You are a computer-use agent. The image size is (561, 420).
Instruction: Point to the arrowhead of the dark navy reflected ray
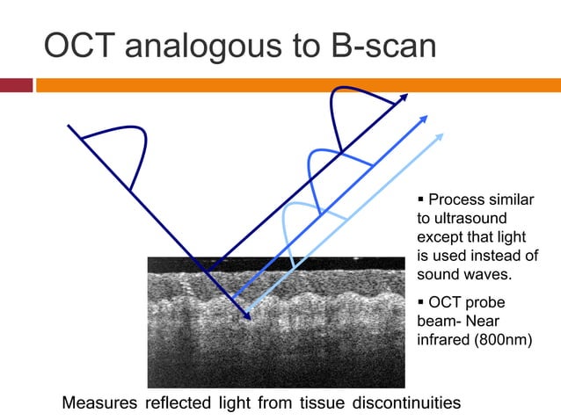click(404, 97)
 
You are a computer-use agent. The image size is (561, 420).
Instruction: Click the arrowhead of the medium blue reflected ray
click(426, 116)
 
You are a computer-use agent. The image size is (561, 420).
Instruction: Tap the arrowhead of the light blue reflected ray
click(440, 137)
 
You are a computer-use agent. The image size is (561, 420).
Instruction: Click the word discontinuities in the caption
click(406, 403)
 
